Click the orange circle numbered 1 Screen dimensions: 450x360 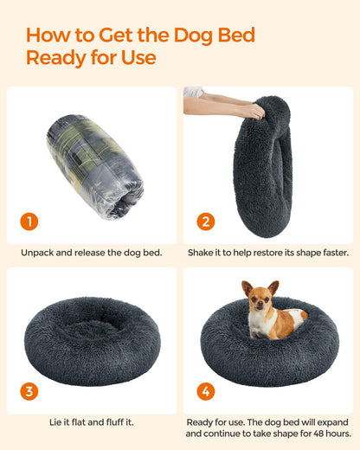pyautogui.click(x=29, y=222)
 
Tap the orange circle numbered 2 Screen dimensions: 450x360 pyautogui.click(x=206, y=222)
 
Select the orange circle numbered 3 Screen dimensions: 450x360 pyautogui.click(x=29, y=391)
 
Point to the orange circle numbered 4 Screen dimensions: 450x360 pyautogui.click(x=206, y=391)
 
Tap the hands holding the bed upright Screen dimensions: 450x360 pyautogui.click(x=227, y=103)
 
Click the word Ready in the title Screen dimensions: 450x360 pyautogui.click(x=53, y=58)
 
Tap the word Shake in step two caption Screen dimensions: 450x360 pyautogui.click(x=203, y=253)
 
